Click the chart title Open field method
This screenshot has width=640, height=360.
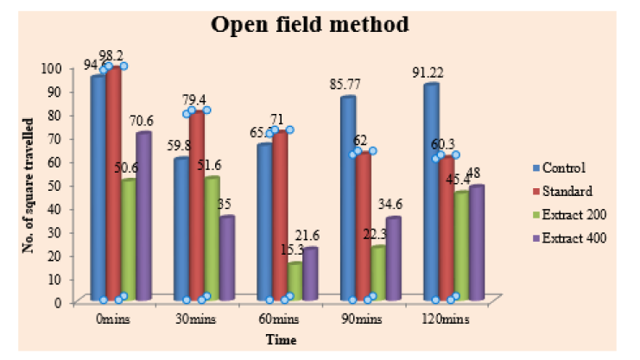coord(310,27)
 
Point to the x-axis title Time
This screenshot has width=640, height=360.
coord(281,340)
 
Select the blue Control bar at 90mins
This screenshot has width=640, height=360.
coord(348,199)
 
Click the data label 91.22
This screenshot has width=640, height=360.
coord(432,73)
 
